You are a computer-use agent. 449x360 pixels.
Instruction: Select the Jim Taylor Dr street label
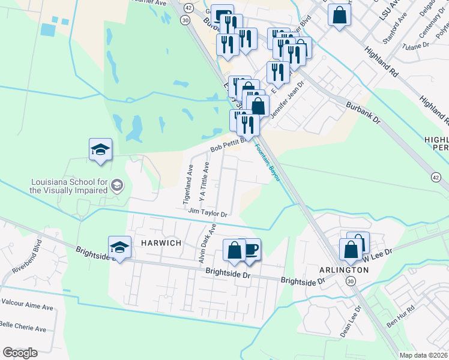coord(207,212)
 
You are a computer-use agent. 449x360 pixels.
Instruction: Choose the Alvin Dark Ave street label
coord(208,244)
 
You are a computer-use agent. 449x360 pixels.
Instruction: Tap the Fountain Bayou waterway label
coord(268,163)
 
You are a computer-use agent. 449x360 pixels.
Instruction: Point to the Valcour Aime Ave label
coord(27,306)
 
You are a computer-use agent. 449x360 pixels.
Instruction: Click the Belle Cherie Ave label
coord(23,329)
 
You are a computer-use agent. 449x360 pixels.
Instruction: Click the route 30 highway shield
coord(185,20)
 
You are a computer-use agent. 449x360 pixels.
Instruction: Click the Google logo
coord(20,353)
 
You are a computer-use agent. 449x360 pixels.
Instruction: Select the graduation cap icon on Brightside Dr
coord(119,247)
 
